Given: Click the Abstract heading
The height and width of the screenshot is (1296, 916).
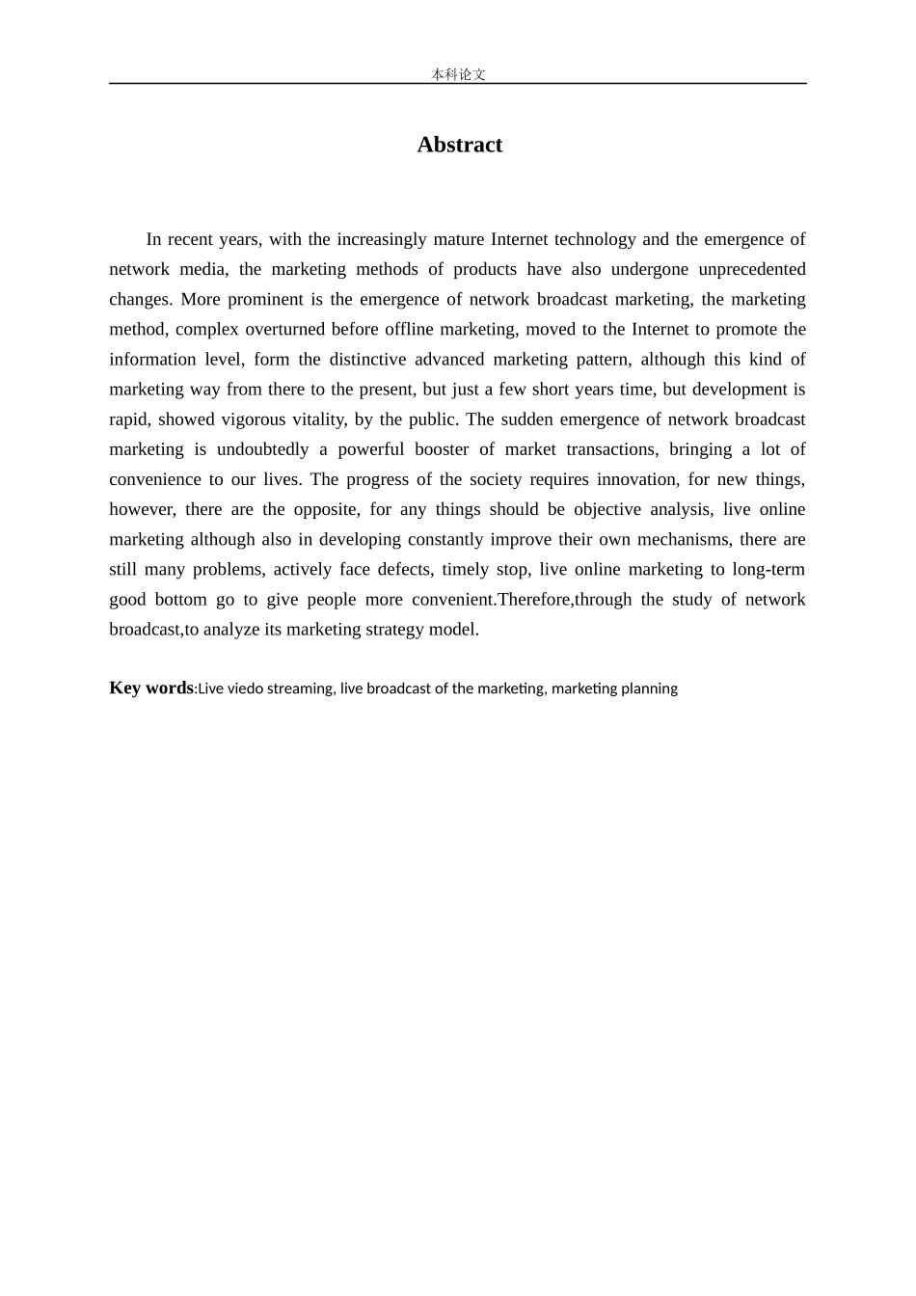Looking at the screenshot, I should [x=459, y=145].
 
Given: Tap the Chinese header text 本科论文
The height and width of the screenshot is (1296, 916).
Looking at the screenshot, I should [x=458, y=74].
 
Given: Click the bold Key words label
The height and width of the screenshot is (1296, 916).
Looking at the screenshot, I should [x=150, y=688].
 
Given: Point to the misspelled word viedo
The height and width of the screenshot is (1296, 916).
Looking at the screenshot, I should [x=245, y=688].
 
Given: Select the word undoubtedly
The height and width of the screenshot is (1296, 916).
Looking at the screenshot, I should [x=262, y=449].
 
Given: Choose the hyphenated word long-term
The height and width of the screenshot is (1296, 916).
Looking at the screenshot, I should [x=768, y=569].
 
